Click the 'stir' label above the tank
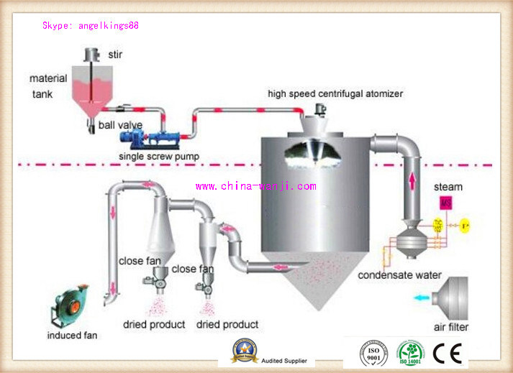coord(115,54)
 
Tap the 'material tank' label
coord(48,85)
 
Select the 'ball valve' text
coord(120,125)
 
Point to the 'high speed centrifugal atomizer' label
coord(335,93)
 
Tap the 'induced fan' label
coord(73,335)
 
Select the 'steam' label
coord(448,187)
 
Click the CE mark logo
coord(448,353)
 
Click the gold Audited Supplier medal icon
coord(243,351)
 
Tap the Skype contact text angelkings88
coord(90,25)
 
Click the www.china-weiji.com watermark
coord(255,186)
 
